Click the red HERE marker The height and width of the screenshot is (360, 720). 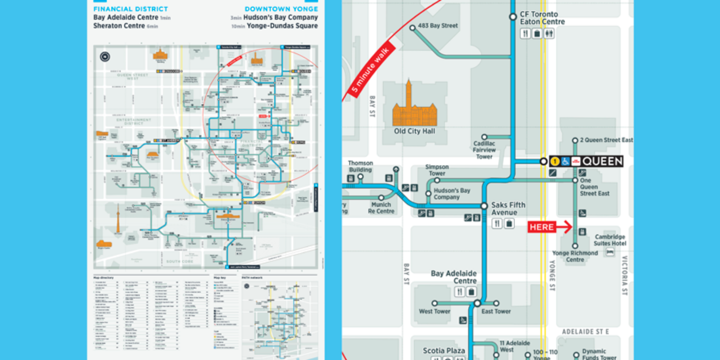tap(542, 227)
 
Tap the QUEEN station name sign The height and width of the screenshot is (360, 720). tap(602, 161)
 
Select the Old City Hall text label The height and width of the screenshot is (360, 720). tap(414, 131)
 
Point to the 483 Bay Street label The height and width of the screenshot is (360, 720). tap(438, 25)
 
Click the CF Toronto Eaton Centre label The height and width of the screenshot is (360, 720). tap(542, 18)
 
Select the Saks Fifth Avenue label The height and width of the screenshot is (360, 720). tap(508, 208)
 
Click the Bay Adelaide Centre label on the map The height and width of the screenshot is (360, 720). tap(453, 277)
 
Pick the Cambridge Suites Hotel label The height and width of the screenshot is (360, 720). tap(609, 240)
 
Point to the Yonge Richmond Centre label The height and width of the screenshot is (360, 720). tap(575, 256)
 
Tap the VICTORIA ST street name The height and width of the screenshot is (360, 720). tap(624, 275)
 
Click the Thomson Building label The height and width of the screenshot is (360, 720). tap(360, 166)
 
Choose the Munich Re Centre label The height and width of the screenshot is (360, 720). tap(381, 208)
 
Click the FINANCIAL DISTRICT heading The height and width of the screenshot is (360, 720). tap(130, 9)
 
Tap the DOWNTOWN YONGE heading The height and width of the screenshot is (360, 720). tap(281, 9)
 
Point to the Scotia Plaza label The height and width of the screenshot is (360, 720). tap(443, 350)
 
